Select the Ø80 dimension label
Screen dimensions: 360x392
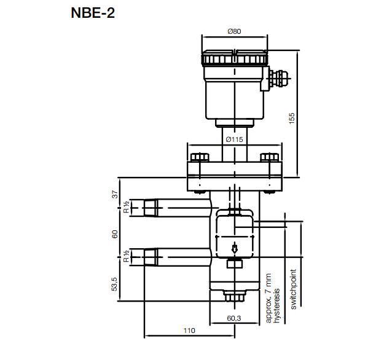pyautogui.click(x=233, y=31)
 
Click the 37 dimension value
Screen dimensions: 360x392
pyautogui.click(x=114, y=195)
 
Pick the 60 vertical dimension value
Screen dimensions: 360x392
pyautogui.click(x=114, y=234)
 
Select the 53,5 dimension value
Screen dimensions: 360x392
pyautogui.click(x=114, y=283)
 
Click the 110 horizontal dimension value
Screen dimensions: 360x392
pyautogui.click(x=189, y=331)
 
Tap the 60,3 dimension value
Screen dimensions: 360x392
pyautogui.click(x=233, y=318)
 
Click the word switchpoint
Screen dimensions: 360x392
pyautogui.click(x=293, y=289)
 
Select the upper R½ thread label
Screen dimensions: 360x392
pyautogui.click(x=125, y=207)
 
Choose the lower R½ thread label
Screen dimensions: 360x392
pyautogui.click(x=125, y=256)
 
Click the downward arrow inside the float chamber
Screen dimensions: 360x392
pyautogui.click(x=234, y=248)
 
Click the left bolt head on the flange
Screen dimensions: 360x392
pyautogui.click(x=198, y=157)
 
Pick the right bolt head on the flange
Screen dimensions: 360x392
pyautogui.click(x=269, y=157)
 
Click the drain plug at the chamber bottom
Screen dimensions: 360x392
pyautogui.click(x=234, y=297)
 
